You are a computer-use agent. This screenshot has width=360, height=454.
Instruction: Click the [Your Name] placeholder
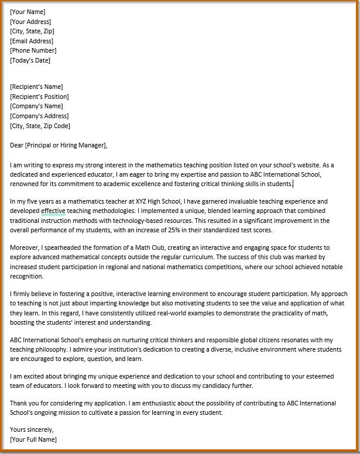click(x=28, y=12)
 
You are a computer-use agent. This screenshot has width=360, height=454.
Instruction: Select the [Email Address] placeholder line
click(x=32, y=41)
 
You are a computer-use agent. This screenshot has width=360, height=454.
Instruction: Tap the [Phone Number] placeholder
click(x=33, y=50)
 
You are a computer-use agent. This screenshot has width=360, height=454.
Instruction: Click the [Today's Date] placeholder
click(x=30, y=60)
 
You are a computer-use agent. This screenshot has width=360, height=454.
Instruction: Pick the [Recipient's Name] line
click(x=36, y=87)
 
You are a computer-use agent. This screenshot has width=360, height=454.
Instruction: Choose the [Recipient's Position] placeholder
click(x=39, y=97)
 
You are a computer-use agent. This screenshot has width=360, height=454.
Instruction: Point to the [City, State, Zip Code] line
click(x=40, y=126)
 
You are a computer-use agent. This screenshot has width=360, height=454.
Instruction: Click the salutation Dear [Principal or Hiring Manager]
click(x=59, y=145)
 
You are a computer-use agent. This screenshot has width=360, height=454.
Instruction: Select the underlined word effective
click(x=53, y=211)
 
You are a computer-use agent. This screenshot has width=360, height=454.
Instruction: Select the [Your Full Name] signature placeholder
click(x=33, y=439)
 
